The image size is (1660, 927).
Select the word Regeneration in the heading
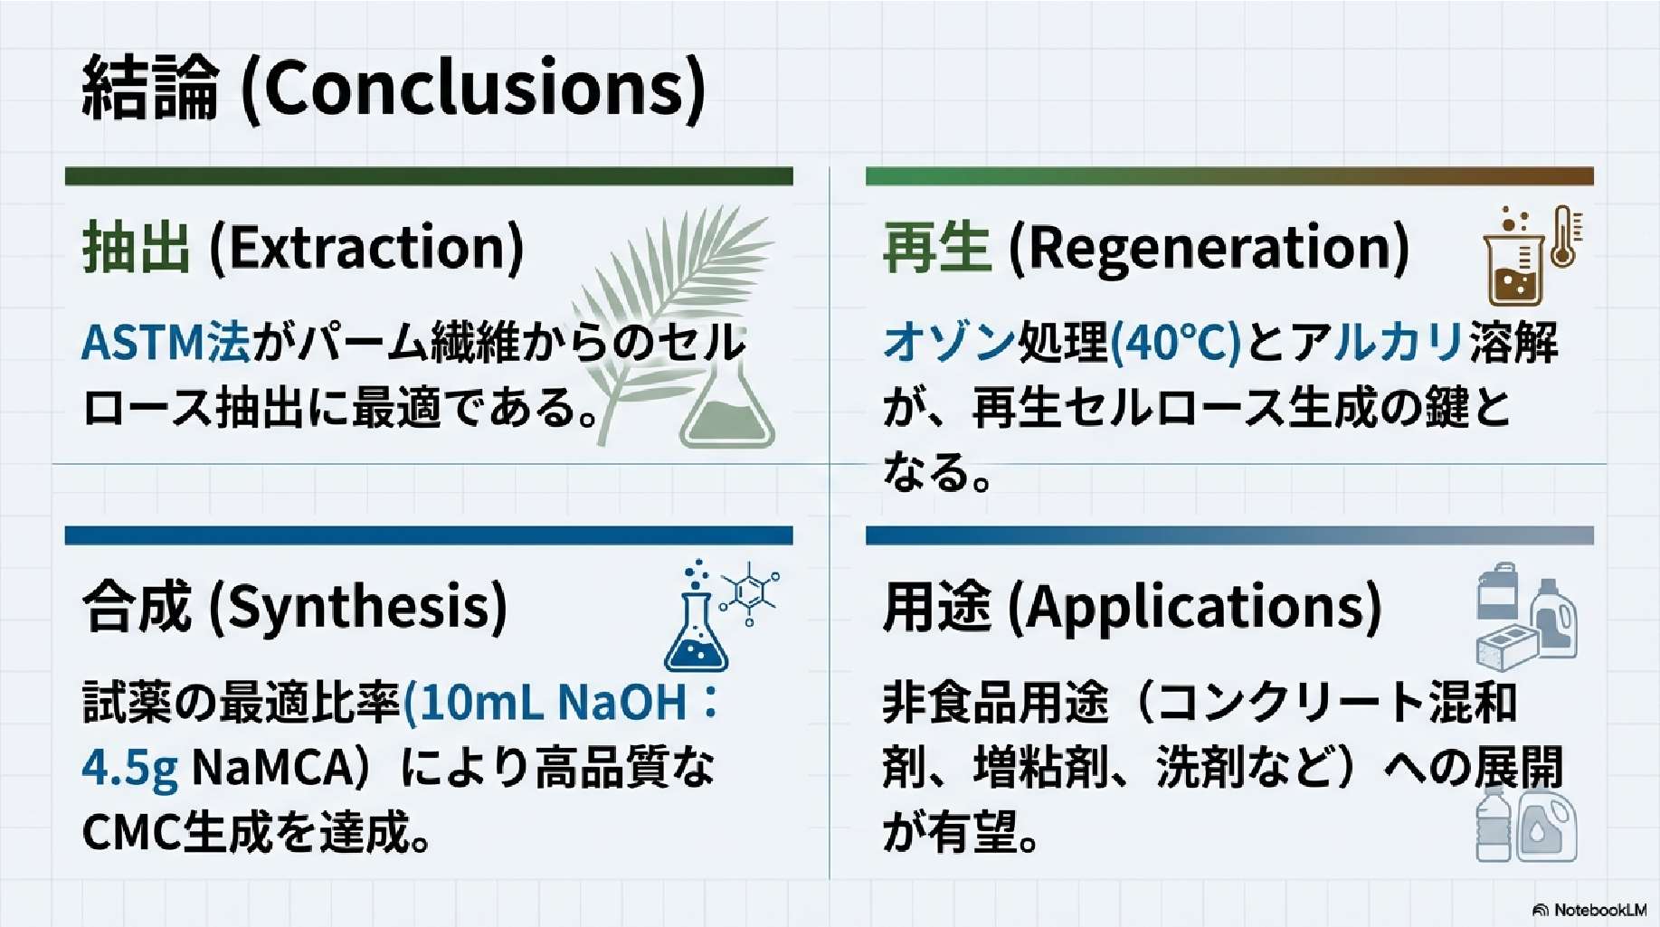(x=1209, y=247)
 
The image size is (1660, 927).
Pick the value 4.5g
(x=129, y=768)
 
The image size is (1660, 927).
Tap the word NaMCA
(x=271, y=767)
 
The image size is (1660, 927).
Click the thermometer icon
(x=1564, y=236)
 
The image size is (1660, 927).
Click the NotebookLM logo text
(x=1599, y=910)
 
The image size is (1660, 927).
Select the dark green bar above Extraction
(x=429, y=176)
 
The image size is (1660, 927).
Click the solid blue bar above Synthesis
(x=429, y=536)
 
